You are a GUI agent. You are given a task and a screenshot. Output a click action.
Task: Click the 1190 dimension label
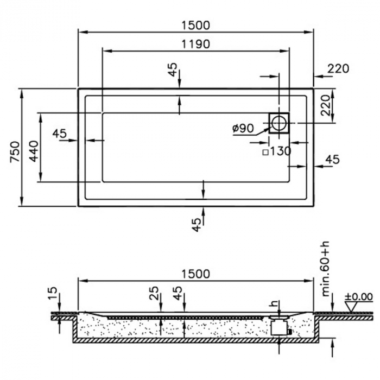click(x=195, y=45)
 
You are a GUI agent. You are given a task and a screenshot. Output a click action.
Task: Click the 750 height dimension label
click(x=15, y=151)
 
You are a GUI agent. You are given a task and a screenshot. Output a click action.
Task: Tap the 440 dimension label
click(x=34, y=151)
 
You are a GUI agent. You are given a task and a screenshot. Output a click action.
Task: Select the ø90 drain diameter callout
click(x=243, y=128)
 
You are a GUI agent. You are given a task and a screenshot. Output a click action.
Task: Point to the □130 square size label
click(x=277, y=151)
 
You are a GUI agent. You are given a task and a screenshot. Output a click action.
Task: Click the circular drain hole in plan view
click(x=279, y=123)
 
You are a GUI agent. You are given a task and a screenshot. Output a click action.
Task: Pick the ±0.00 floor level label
click(x=359, y=296)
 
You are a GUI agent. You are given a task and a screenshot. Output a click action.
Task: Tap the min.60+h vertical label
click(x=326, y=269)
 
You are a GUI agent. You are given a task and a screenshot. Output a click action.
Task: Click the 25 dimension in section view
click(x=154, y=293)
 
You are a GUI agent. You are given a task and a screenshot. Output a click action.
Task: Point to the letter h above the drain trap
click(x=274, y=303)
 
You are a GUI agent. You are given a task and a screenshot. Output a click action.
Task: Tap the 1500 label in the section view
click(x=195, y=274)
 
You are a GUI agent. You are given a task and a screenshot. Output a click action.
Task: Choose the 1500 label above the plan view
click(x=195, y=26)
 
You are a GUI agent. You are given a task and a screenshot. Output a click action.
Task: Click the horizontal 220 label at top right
click(x=338, y=69)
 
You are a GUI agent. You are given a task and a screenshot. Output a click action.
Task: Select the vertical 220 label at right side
click(x=325, y=105)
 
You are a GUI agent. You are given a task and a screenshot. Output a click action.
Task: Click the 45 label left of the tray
click(x=59, y=134)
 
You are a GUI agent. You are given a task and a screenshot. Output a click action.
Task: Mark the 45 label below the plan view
click(x=197, y=225)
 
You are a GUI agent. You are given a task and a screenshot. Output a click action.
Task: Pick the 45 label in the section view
click(x=178, y=293)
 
